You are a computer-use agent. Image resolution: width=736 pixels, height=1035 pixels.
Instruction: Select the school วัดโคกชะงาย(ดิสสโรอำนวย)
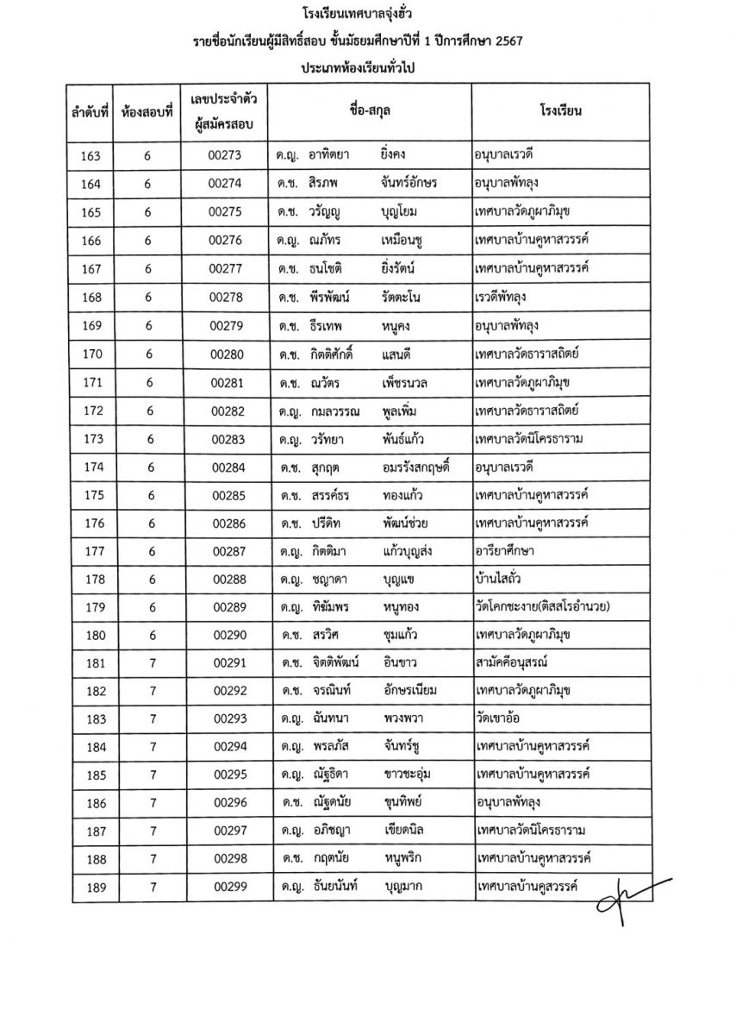click(542, 607)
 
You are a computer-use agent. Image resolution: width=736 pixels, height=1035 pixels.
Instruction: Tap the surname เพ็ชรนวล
click(413, 381)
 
